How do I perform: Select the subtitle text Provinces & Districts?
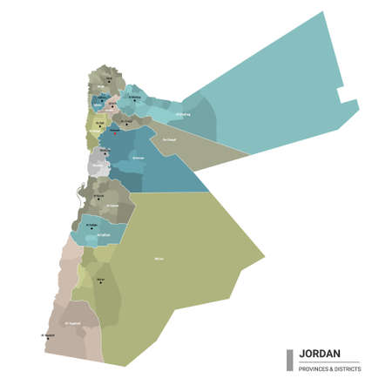pos(330,368)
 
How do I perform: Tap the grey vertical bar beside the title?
pos(290,360)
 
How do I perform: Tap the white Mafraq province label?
pos(182,114)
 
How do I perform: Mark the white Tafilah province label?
pos(103,234)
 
